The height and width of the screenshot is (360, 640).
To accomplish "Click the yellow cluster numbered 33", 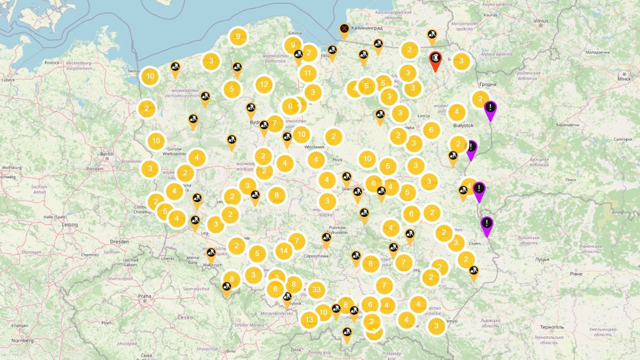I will tap(316, 290).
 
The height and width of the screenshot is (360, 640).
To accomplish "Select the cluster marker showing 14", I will tap(284, 251).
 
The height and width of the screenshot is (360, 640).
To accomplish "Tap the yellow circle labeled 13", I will tap(309, 320).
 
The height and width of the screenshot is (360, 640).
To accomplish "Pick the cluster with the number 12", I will tap(263, 84).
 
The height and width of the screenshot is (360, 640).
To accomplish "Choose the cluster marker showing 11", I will tap(308, 73).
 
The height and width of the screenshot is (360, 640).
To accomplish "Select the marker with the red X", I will tap(345, 29).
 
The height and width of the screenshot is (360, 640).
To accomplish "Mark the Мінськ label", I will tap(623, 78).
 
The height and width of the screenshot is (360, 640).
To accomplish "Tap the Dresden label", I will tap(119, 241).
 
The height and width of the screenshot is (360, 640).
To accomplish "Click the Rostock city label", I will tap(52, 62).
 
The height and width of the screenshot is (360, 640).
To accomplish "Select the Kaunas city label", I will tap(476, 15).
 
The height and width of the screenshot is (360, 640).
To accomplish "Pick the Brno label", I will tap(230, 351).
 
